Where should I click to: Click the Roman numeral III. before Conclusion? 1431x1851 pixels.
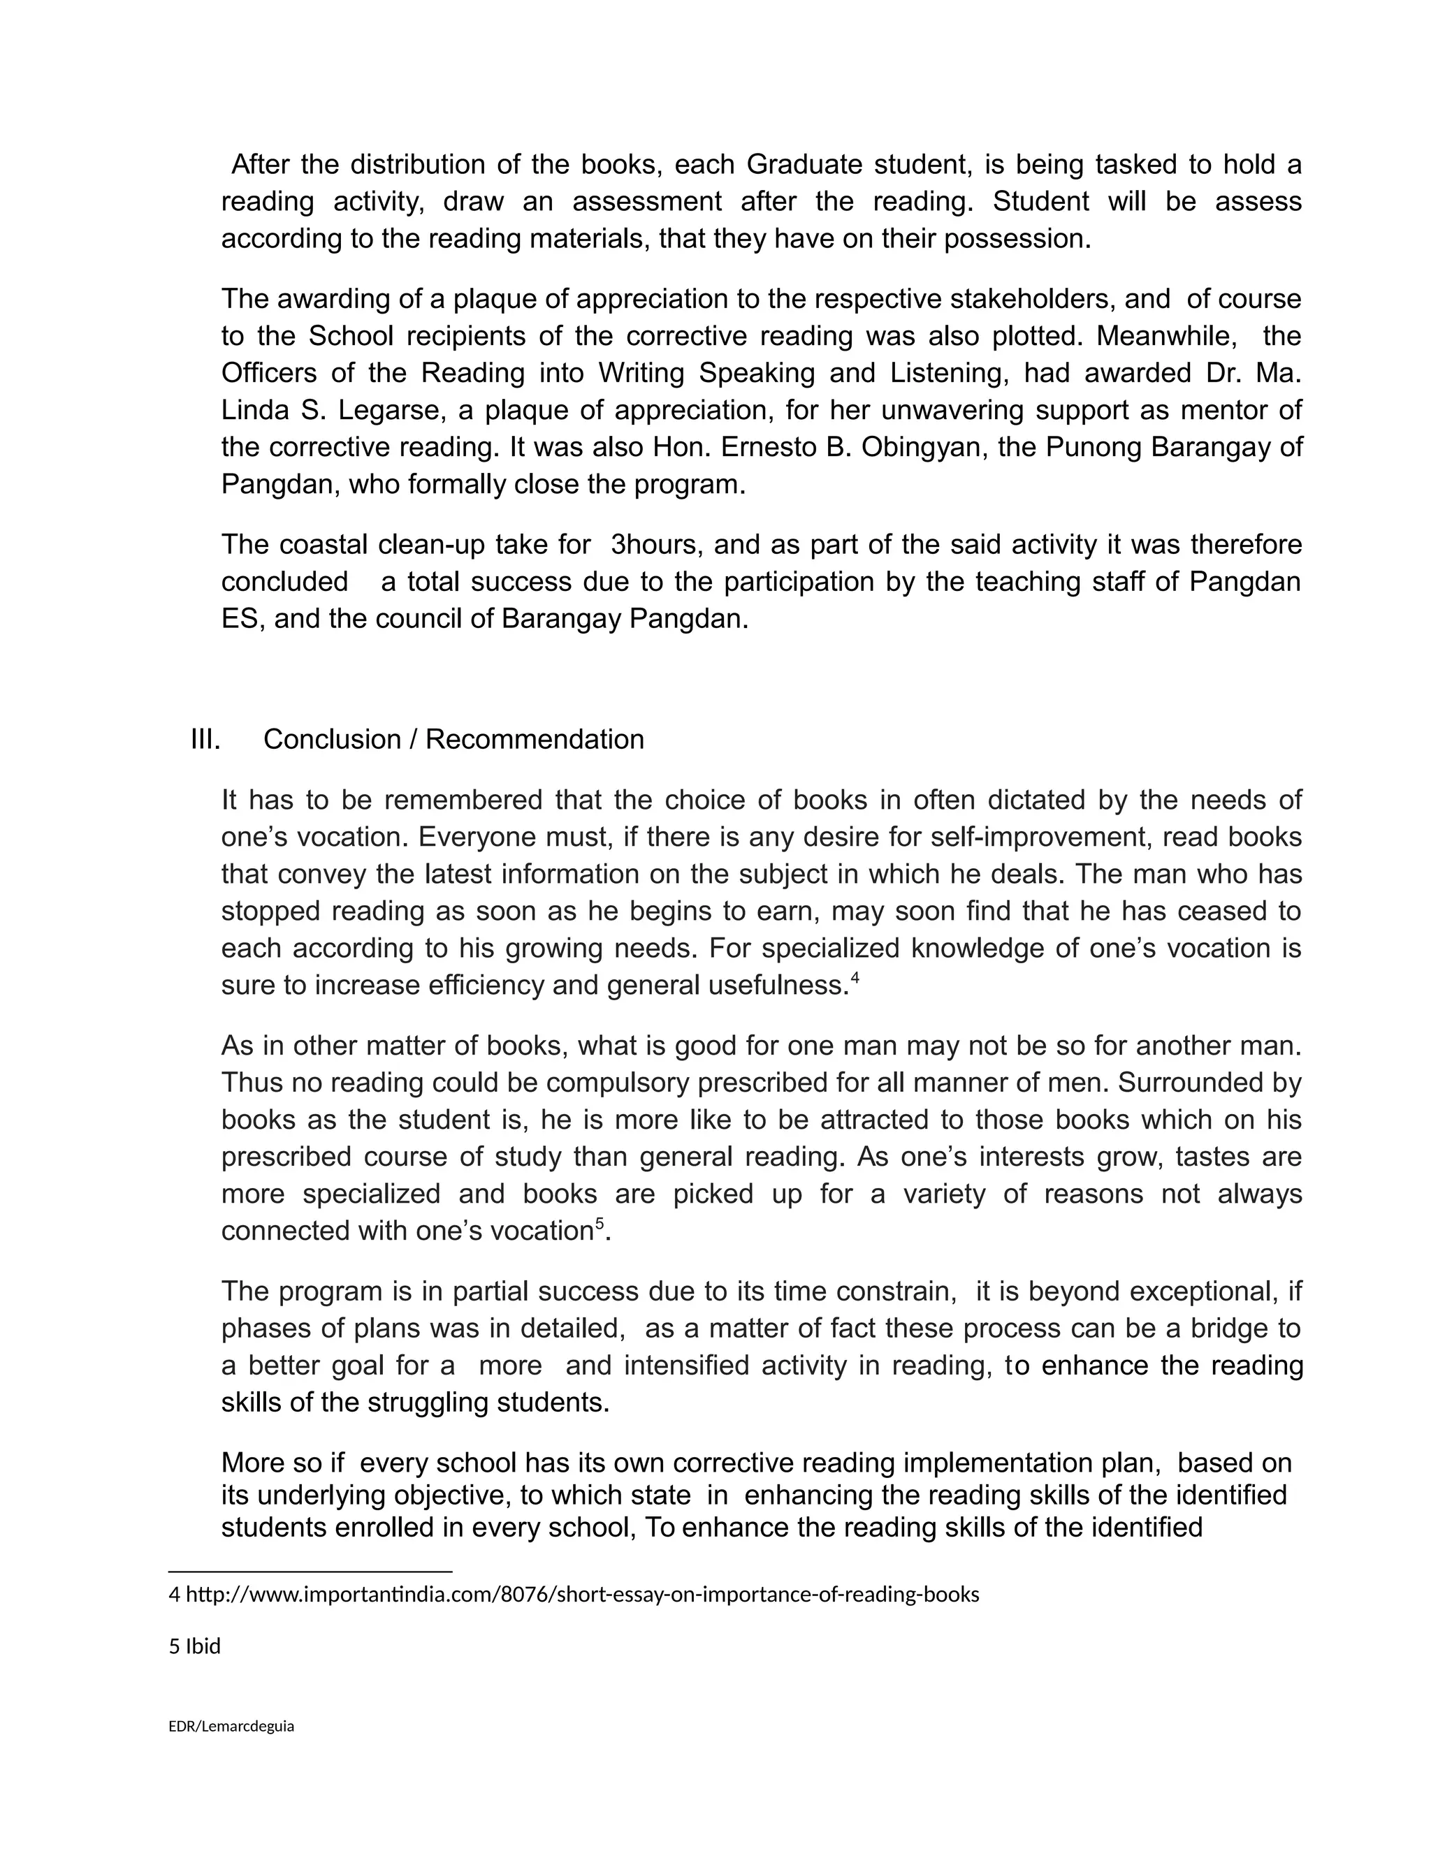coord(205,740)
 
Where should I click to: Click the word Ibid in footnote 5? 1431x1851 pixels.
coord(203,1647)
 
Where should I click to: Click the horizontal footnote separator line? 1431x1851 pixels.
coord(310,1572)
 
